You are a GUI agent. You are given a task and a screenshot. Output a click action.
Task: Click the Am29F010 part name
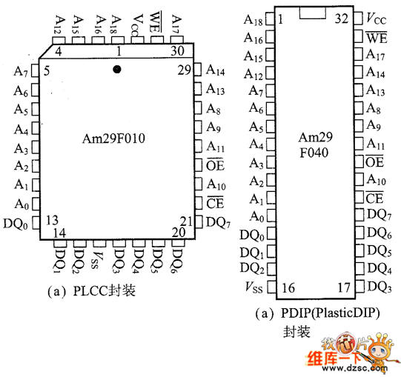(x=113, y=139)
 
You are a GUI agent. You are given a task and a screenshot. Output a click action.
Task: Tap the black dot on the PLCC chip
(x=117, y=70)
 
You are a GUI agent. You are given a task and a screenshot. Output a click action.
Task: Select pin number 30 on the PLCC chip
(x=177, y=51)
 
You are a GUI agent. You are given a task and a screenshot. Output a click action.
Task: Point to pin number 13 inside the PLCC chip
(x=52, y=220)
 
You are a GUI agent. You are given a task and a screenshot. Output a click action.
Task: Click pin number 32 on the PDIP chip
(x=342, y=19)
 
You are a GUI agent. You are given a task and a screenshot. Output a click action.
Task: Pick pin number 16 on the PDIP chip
(x=288, y=288)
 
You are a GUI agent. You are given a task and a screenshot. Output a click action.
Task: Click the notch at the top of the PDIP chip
(x=313, y=13)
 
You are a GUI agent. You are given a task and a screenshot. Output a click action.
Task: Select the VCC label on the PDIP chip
(x=376, y=19)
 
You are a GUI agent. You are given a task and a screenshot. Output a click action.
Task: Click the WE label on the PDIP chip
(x=377, y=38)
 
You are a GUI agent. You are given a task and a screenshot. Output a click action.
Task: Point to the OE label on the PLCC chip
(x=215, y=164)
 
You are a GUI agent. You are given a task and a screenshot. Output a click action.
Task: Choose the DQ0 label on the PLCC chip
(x=16, y=224)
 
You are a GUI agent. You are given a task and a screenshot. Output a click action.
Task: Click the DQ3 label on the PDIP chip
(x=380, y=287)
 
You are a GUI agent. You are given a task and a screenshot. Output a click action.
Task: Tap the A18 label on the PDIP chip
(x=253, y=20)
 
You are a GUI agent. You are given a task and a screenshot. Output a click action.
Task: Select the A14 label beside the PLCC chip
(x=216, y=70)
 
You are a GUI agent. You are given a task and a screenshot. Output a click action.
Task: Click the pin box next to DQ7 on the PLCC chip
(x=199, y=222)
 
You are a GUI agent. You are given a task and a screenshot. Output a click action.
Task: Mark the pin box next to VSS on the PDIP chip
(x=272, y=287)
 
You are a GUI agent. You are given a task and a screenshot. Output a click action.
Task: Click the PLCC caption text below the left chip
(x=92, y=291)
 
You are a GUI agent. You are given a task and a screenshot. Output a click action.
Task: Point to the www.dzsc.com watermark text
(x=355, y=368)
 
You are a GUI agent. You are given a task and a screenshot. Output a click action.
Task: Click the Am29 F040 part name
(x=315, y=145)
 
